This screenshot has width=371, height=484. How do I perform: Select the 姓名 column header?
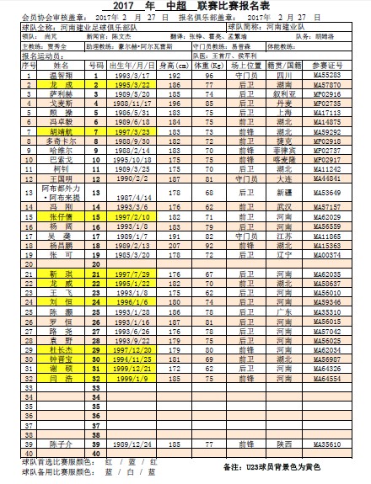62,66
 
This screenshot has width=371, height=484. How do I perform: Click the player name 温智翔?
62,76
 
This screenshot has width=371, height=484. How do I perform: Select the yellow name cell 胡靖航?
62,132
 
